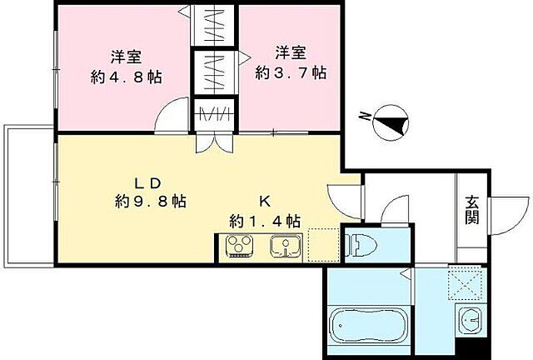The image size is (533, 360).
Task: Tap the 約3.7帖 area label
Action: coord(291,73)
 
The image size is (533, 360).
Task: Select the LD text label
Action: coord(149,182)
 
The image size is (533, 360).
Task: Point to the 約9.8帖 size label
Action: coord(150,202)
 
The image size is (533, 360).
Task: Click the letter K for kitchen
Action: coord(264,201)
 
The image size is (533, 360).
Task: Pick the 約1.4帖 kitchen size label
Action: coord(265,221)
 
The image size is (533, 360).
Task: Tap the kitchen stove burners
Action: coord(240,247)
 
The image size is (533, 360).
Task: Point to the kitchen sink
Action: coord(286,247)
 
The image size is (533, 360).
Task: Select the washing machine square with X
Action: coord(467,284)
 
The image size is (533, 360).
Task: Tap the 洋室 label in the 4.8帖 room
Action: coord(126,57)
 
